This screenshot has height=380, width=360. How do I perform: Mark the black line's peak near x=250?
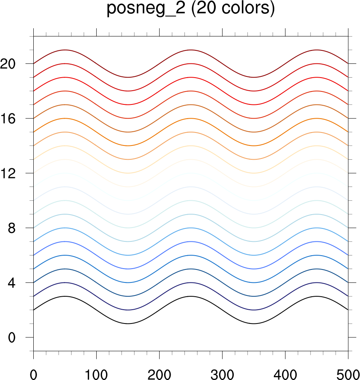click(191, 296)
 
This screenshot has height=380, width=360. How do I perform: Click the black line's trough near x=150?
click(128, 324)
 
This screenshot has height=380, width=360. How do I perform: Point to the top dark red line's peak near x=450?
click(317, 50)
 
